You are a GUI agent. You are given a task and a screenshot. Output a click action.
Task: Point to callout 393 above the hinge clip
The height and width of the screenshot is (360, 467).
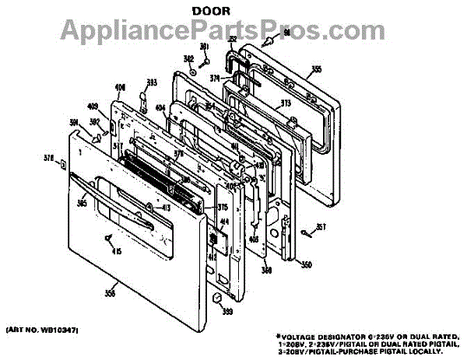click(x=152, y=82)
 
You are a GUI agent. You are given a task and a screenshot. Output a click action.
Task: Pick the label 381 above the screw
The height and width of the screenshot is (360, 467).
click(x=205, y=47)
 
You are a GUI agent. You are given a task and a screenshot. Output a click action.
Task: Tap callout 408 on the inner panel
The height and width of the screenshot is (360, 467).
click(x=121, y=87)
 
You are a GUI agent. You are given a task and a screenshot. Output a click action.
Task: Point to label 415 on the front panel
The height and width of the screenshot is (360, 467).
click(x=118, y=250)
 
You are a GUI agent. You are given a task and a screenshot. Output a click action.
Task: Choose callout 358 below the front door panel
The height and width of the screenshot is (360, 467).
click(x=110, y=292)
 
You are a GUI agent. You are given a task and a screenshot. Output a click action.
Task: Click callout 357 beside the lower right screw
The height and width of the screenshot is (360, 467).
click(x=321, y=227)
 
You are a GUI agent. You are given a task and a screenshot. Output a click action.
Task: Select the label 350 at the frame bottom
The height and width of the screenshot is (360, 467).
click(x=306, y=264)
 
